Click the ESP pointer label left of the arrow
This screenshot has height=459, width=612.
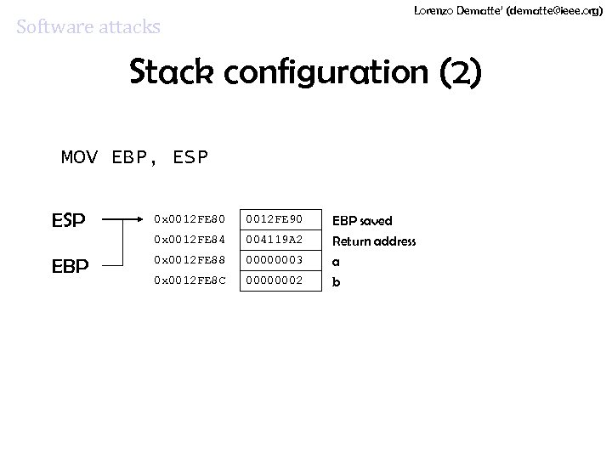pos(68,221)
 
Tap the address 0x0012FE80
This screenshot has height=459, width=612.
pos(189,221)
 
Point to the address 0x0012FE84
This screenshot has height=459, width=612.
pos(189,241)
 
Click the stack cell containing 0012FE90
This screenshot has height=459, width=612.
pos(280,221)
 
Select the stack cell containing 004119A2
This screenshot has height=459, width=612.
pos(280,241)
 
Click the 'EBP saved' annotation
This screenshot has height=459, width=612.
pos(362,221)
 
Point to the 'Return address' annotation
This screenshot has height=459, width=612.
pos(374,241)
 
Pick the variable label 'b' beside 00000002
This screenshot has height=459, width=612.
pos(336,281)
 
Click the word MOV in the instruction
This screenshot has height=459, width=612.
pos(80,157)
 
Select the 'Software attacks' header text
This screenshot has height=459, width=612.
pos(88,27)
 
